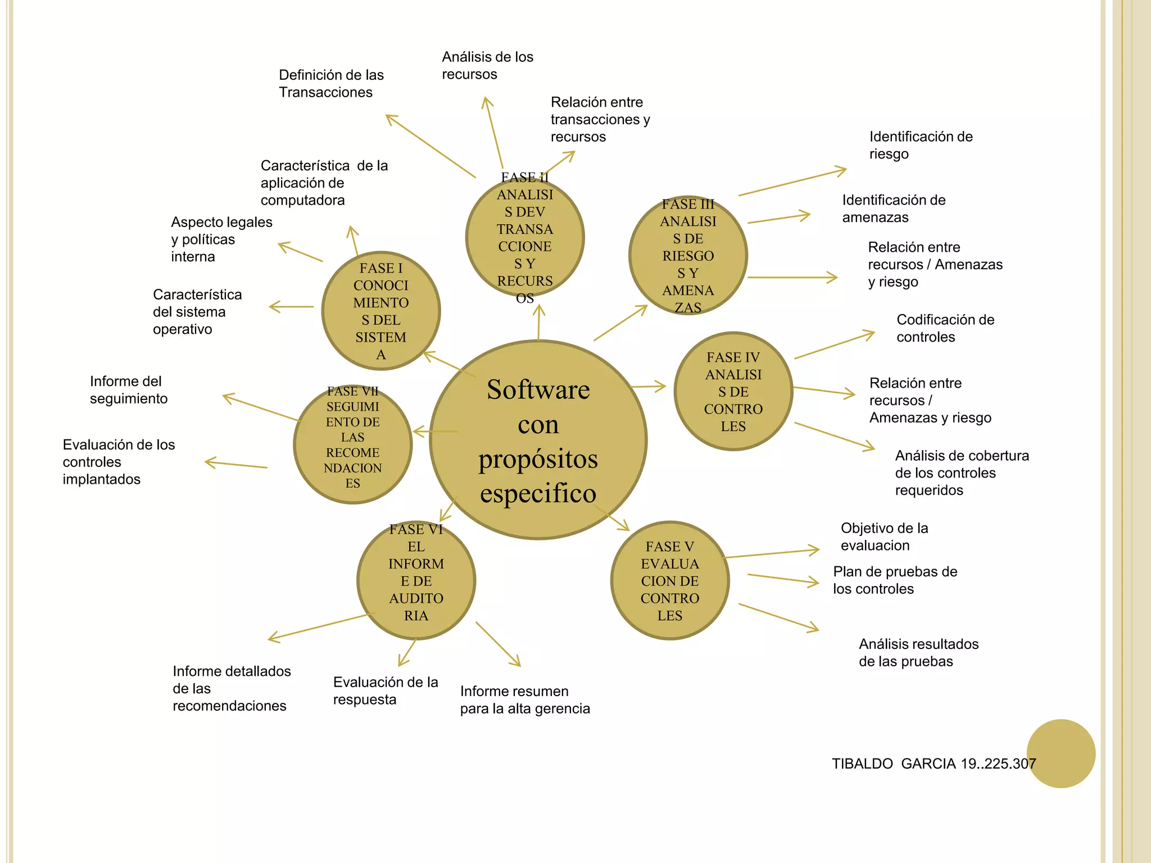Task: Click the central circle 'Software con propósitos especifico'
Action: pyautogui.click(x=538, y=440)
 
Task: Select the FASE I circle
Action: pyautogui.click(x=380, y=311)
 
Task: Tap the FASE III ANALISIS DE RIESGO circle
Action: pyautogui.click(x=688, y=256)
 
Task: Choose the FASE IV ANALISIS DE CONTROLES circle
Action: pyautogui.click(x=733, y=391)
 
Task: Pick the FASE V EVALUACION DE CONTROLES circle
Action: pyautogui.click(x=669, y=580)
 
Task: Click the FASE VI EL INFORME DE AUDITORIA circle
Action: pyautogui.click(x=416, y=580)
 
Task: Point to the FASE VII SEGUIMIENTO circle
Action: pyautogui.click(x=352, y=444)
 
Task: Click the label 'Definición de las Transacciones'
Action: pyautogui.click(x=331, y=84)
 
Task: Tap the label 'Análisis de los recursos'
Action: pyautogui.click(x=487, y=66)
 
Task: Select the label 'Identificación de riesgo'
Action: pyautogui.click(x=921, y=145)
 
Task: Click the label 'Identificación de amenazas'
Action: pyautogui.click(x=894, y=208)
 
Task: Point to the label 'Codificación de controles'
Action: pyautogui.click(x=945, y=328)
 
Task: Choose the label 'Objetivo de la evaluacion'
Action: pyautogui.click(x=884, y=537)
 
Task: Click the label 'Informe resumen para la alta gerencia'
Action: pyautogui.click(x=525, y=700)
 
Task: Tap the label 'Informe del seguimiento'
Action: pyautogui.click(x=129, y=390)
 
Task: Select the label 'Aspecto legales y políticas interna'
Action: pyautogui.click(x=221, y=239)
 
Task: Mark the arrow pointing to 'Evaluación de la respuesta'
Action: pyautogui.click(x=407, y=653)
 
